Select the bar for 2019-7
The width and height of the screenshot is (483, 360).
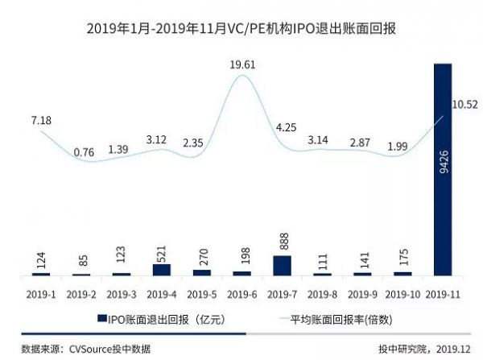tap(281, 266)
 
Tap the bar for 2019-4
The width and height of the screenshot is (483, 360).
tap(162, 270)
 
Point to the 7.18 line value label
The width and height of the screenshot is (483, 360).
tap(41, 120)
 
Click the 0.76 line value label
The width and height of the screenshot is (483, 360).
tap(83, 152)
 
